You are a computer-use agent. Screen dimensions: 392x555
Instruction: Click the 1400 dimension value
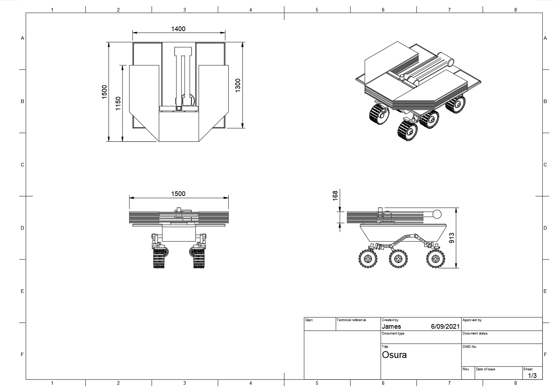point(178,29)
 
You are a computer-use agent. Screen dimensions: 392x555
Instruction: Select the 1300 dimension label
point(238,85)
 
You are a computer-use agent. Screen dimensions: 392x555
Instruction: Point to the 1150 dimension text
point(118,104)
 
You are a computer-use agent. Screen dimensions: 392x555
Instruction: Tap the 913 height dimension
point(452,238)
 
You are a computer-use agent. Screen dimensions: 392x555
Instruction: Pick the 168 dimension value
point(335,195)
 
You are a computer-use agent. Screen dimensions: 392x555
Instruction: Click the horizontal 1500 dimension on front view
point(178,194)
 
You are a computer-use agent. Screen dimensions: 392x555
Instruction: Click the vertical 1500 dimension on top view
point(104,91)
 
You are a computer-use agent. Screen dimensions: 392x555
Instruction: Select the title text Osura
point(394,355)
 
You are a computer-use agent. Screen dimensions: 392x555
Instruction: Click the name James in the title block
point(391,327)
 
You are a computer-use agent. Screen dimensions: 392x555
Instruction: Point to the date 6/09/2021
point(445,327)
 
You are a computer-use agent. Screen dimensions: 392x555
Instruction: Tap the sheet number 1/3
point(532,376)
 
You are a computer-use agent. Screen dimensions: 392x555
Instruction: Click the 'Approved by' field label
point(472,320)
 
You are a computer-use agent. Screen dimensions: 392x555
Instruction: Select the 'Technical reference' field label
point(351,320)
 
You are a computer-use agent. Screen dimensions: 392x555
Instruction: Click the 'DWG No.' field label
point(470,347)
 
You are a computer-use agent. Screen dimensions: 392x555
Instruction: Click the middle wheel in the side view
point(398,259)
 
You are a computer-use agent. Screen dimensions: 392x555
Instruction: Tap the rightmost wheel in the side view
point(436,259)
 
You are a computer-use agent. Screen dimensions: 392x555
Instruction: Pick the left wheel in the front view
point(159,257)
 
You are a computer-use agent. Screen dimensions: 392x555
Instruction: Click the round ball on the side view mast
point(437,214)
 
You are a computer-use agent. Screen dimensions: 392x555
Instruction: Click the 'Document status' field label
point(475,333)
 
